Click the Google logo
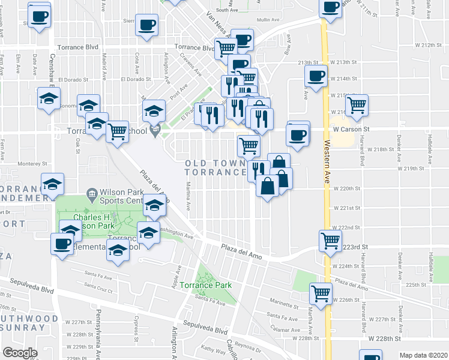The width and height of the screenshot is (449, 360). (x=19, y=353)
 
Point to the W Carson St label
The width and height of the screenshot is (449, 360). (x=351, y=129)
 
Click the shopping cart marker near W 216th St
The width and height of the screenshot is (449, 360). (x=358, y=105)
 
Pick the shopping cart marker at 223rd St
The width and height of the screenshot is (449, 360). (x=331, y=241)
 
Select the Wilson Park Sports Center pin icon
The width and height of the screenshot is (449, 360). (x=91, y=193)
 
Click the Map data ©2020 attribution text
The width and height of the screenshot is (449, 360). (x=423, y=355)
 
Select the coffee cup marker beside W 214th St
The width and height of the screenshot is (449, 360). (x=316, y=76)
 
